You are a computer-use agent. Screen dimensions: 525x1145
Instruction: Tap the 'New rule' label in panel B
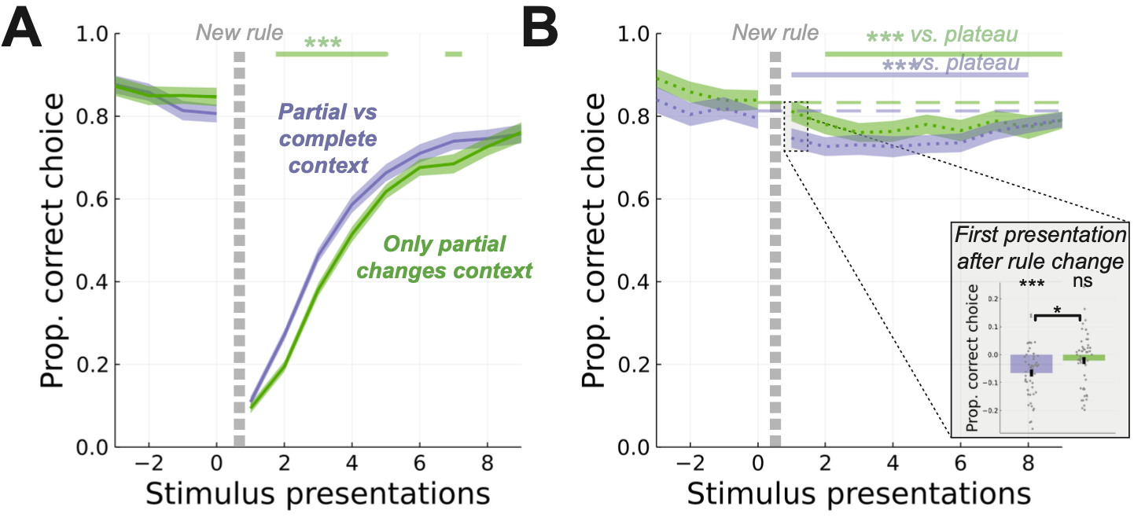point(775,33)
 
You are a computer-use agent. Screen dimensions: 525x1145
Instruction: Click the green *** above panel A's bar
point(322,43)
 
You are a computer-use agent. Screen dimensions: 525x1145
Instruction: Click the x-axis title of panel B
point(858,495)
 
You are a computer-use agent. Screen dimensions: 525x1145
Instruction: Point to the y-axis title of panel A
point(55,240)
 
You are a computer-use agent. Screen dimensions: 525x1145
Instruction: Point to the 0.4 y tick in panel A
point(94,282)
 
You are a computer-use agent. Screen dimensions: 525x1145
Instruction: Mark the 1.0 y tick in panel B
point(634,35)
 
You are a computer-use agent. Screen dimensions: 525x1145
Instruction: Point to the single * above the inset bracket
point(1058,310)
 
